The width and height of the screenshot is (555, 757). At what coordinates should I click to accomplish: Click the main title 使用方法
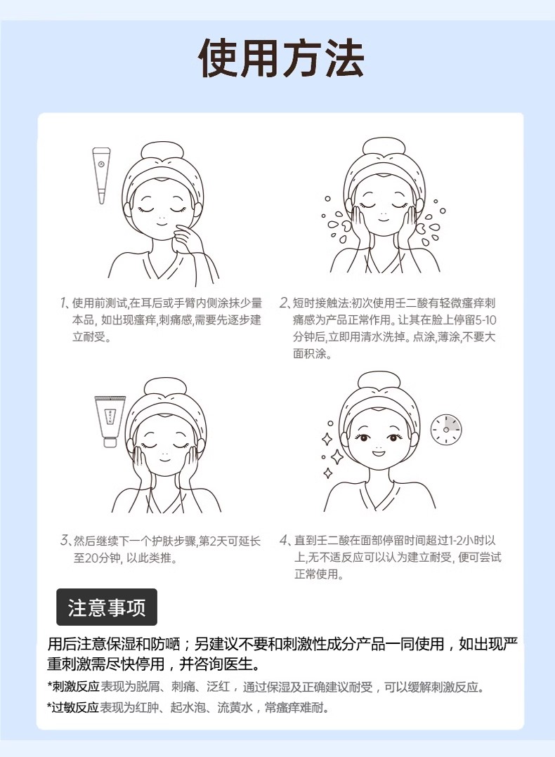[281, 58]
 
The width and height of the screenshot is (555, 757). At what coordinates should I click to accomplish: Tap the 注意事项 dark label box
[107, 607]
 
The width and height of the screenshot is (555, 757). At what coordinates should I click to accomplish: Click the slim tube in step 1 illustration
[101, 176]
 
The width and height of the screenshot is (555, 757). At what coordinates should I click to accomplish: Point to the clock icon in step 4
[446, 429]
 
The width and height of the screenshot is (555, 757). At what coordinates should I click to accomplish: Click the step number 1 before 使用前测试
[64, 303]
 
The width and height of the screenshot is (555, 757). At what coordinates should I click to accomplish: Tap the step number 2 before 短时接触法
[285, 303]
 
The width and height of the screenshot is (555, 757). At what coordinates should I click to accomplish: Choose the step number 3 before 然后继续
[65, 541]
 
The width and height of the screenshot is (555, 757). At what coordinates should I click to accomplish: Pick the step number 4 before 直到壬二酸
[285, 541]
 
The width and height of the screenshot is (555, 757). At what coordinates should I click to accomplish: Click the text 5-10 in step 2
[485, 320]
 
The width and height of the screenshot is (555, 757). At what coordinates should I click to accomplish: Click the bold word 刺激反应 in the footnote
[76, 687]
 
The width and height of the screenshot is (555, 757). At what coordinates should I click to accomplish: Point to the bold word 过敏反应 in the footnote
[76, 708]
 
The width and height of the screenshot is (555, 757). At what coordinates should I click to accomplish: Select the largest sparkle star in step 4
[337, 456]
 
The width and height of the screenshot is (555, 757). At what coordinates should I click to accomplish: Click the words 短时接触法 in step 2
[321, 303]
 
